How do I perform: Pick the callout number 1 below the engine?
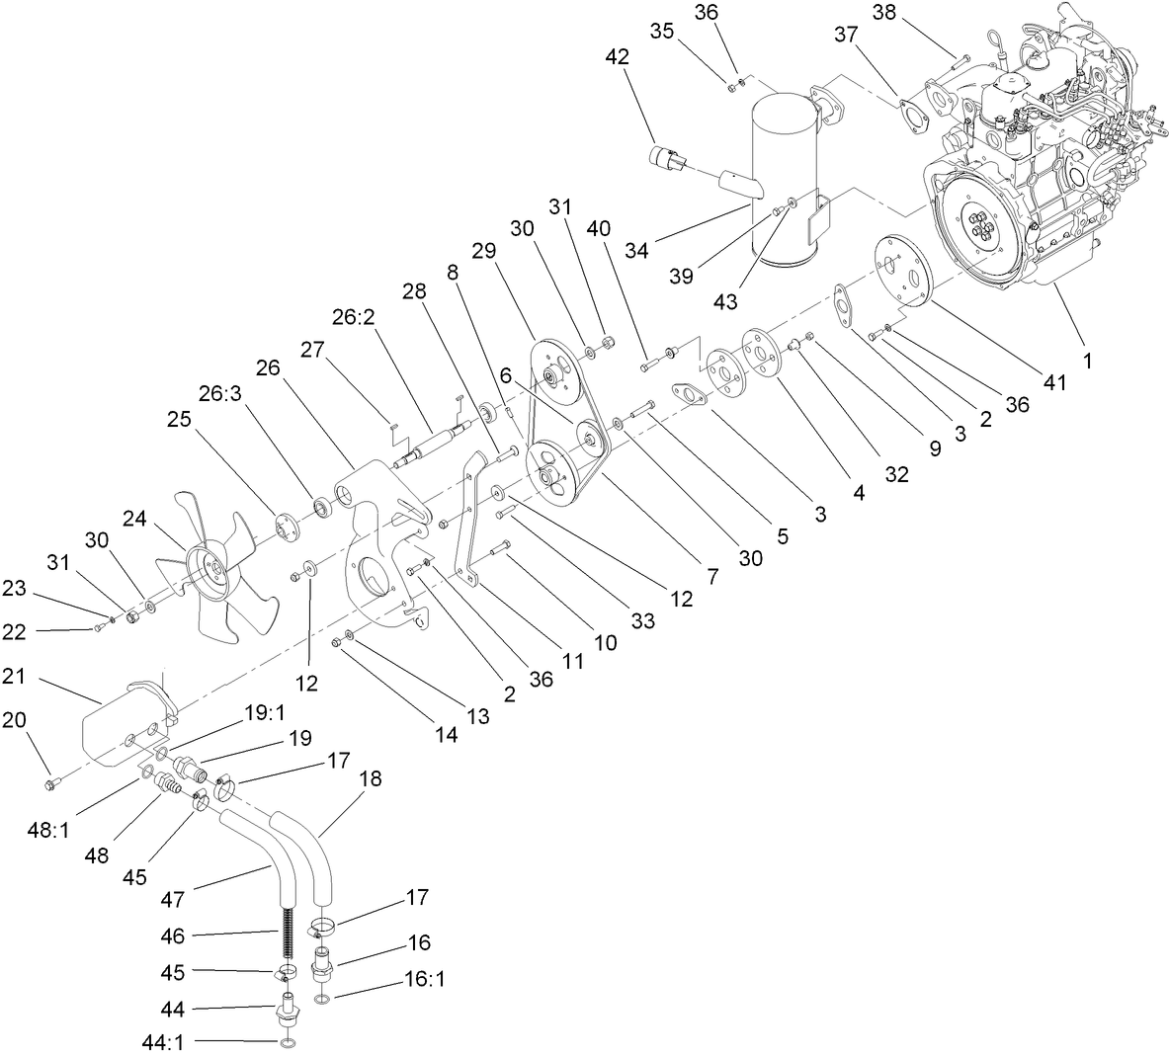coord(1087,362)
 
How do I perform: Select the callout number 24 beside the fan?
coord(135,519)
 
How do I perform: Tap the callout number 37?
coord(846,35)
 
